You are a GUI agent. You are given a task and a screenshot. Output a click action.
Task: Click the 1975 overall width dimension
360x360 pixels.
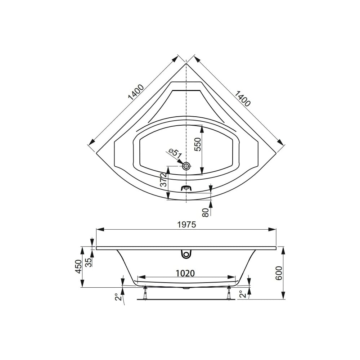(x=186, y=225)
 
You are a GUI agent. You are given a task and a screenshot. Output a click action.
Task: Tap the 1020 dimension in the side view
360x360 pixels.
(x=185, y=273)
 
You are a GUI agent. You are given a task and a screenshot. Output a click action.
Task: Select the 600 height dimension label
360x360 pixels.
(x=279, y=273)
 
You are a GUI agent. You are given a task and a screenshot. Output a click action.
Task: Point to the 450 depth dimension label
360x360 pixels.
(x=79, y=266)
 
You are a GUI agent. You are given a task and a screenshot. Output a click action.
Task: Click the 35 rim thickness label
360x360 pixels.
(x=89, y=262)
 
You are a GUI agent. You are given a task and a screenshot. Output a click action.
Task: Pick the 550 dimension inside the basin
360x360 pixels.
(x=198, y=144)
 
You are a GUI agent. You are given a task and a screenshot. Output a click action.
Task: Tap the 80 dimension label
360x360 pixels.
(x=206, y=212)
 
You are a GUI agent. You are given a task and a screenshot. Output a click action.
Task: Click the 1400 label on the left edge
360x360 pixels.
(x=136, y=92)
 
